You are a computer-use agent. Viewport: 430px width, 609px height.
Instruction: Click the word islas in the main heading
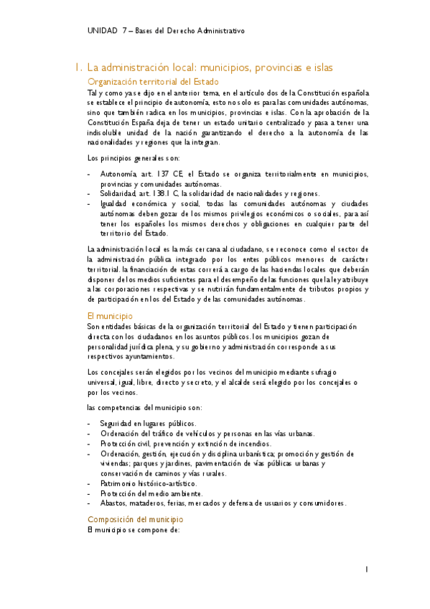tap(319, 68)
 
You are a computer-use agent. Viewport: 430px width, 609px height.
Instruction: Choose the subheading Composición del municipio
tap(135, 519)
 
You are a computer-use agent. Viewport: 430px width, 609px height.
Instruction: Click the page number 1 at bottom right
tap(366, 570)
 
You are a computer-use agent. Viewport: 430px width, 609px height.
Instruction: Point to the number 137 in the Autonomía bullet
tap(160, 175)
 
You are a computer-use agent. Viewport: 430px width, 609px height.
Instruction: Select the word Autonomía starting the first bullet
tap(116, 175)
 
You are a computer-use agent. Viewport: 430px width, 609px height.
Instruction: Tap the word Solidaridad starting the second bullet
tap(117, 194)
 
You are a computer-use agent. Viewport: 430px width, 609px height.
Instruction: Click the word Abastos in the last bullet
tap(113, 503)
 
